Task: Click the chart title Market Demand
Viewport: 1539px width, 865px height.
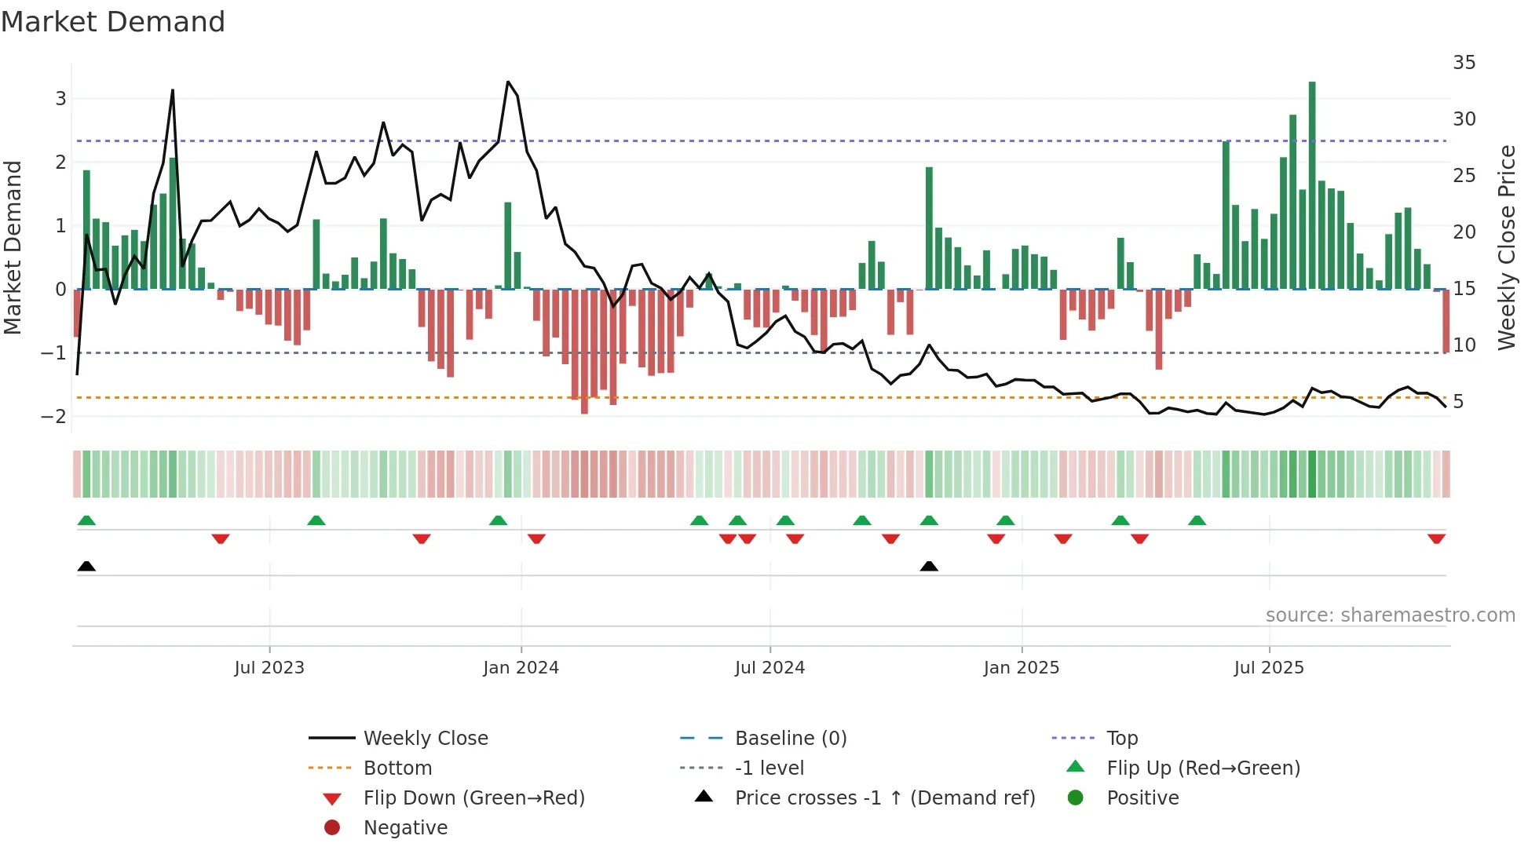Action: tap(113, 22)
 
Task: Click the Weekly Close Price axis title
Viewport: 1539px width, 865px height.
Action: tap(1506, 247)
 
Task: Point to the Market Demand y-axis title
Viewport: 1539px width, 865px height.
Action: tap(13, 247)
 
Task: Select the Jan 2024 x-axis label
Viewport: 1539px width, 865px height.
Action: tap(521, 668)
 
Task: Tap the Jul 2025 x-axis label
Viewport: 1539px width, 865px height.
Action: tap(1268, 668)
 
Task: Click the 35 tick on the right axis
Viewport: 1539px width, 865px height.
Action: tap(1464, 63)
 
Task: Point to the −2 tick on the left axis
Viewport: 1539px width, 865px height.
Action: tap(54, 416)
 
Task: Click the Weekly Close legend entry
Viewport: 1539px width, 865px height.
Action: tap(425, 739)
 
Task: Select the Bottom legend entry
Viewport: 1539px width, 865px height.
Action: tap(397, 768)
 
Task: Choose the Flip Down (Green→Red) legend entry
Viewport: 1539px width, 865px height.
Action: tap(473, 798)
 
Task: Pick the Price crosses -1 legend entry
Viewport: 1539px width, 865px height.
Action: tap(884, 798)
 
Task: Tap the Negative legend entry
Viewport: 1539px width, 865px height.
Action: tap(405, 828)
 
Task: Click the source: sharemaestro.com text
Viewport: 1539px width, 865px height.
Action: tap(1390, 615)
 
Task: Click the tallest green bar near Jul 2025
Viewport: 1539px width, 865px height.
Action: tap(1312, 185)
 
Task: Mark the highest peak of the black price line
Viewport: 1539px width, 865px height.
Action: tap(508, 82)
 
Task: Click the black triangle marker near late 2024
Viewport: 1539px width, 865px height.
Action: tap(929, 566)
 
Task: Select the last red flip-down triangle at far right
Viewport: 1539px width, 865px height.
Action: tap(1436, 539)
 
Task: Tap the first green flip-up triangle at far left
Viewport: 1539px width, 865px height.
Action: tap(86, 520)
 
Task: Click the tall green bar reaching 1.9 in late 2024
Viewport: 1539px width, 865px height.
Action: tap(929, 228)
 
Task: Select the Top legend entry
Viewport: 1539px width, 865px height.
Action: tap(1121, 739)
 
